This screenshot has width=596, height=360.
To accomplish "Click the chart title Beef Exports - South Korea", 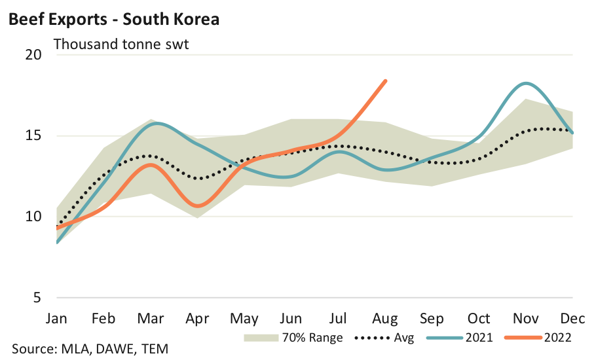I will pos(113,20).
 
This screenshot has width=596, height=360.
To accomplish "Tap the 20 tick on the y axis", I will pos(33,55).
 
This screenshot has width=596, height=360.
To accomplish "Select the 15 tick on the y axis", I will pos(33,136).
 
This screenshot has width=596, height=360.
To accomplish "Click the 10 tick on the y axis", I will pos(33,217).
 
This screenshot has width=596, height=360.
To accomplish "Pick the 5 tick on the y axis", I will pos(37,298).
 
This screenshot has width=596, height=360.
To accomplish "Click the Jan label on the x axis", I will pos(58,319).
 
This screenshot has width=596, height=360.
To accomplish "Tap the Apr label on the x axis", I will pos(198,319).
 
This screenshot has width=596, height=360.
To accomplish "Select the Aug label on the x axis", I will pos(385,319).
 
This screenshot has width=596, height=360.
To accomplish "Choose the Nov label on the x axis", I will pos(526,319).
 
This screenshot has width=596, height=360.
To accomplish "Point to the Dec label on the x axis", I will pos(573,319).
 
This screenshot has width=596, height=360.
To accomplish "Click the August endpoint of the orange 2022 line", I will pos(386,81).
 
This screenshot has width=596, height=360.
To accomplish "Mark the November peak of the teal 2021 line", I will pos(526,84).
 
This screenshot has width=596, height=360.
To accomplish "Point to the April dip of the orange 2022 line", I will pos(198,206).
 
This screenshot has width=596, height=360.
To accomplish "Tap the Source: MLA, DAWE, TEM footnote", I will pos(90,349).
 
